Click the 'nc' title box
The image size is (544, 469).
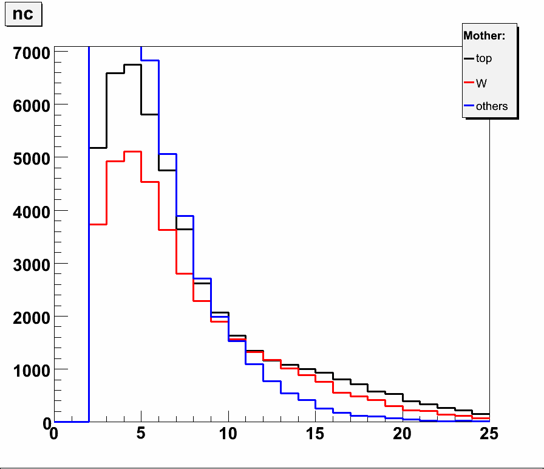tap(23, 15)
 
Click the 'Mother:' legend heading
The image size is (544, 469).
tap(484, 36)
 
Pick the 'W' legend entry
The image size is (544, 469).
tap(481, 83)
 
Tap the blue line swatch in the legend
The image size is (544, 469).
tap(469, 106)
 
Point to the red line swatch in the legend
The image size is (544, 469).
tap(469, 83)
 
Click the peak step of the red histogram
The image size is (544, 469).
tap(132, 152)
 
